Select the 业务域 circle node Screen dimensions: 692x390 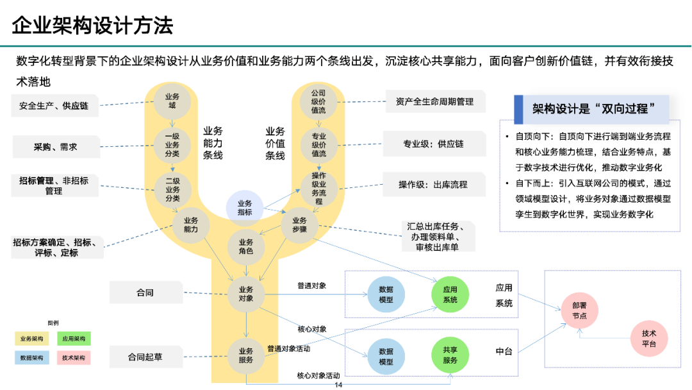(x=172, y=101)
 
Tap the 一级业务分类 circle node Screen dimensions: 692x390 (x=172, y=145)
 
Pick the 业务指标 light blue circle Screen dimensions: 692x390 (x=245, y=208)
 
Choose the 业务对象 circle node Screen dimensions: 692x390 (x=246, y=294)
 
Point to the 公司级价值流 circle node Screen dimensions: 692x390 (x=318, y=101)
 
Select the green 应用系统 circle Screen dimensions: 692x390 (x=450, y=295)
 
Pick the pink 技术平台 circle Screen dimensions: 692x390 (x=649, y=339)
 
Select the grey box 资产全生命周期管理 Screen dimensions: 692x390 (x=434, y=101)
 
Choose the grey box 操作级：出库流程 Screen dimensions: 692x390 (x=433, y=185)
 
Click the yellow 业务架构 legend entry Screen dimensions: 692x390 (x=31, y=338)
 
